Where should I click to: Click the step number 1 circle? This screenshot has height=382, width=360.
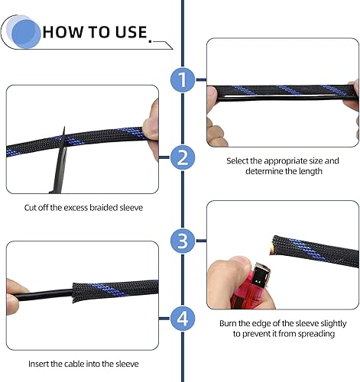(182, 79)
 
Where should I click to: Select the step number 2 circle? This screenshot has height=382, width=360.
(182, 158)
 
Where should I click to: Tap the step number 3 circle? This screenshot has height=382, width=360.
(182, 241)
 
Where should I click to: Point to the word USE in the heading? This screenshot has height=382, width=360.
(130, 32)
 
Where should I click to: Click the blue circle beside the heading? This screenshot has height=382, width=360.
(25, 31)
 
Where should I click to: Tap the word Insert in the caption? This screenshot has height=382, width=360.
(41, 365)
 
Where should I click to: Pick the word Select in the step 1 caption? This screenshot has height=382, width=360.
(240, 161)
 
